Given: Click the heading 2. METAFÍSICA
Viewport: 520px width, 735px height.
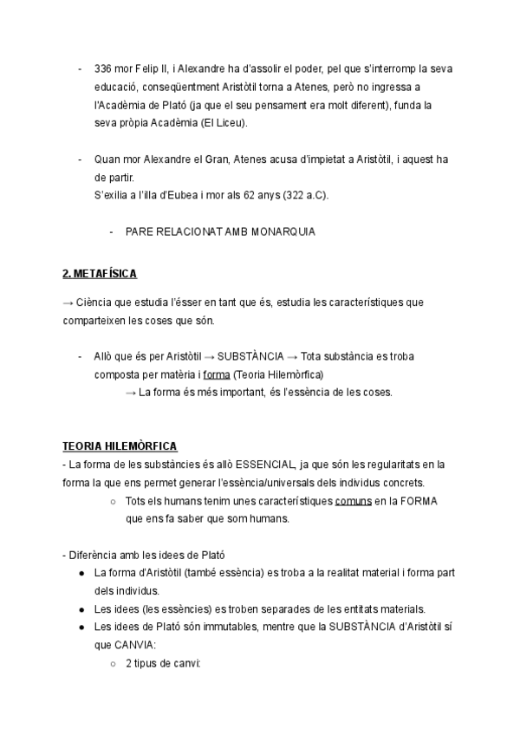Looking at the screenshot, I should coord(100,273).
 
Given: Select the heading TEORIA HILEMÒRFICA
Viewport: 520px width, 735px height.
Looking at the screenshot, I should coord(120,446).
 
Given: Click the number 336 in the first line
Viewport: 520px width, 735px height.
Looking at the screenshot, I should coord(104,69).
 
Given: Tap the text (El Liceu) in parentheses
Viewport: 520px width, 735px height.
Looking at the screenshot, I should coord(223,123).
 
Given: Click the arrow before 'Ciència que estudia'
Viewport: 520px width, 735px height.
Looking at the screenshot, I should coord(68,302).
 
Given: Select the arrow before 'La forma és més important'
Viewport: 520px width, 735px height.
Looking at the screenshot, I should coord(131,392).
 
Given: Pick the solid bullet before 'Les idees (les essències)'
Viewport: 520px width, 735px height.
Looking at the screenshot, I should coord(81,608).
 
